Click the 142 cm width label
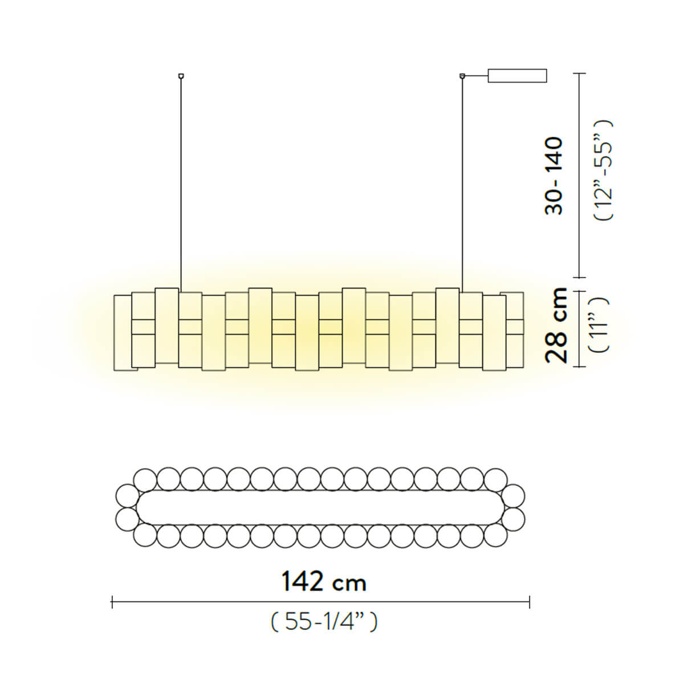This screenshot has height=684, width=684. (x=323, y=582)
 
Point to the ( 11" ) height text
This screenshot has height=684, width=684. (x=602, y=325)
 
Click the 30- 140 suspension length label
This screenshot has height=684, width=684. (x=553, y=176)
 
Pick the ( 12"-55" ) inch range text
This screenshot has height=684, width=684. (x=602, y=170)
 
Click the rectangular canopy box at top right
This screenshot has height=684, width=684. (x=517, y=76)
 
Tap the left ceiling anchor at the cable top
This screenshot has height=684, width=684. (x=181, y=75)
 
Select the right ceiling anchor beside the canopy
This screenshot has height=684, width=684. (x=462, y=75)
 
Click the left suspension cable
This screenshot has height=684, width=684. (x=181, y=182)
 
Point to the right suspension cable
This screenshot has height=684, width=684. (x=462, y=182)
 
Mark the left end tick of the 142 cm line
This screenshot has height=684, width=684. (x=113, y=602)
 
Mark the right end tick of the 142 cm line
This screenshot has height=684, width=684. (x=530, y=602)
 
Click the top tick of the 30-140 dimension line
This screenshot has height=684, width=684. (x=580, y=74)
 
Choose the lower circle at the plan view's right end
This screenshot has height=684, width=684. (x=514, y=518)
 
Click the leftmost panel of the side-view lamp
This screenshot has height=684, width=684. (x=122, y=333)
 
